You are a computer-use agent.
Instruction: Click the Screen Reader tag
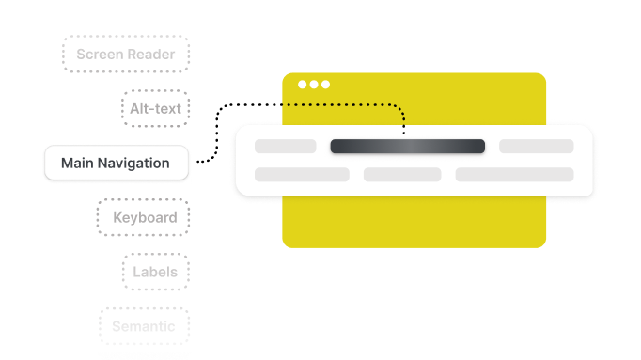(x=125, y=55)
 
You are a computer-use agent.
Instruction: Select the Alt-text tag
(x=156, y=109)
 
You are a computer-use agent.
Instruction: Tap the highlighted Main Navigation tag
(x=116, y=164)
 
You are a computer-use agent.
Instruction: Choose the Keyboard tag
(x=145, y=218)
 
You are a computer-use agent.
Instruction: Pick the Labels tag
(x=156, y=273)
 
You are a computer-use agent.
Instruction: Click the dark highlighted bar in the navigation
(x=407, y=147)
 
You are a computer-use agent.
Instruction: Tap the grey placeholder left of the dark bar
(x=286, y=147)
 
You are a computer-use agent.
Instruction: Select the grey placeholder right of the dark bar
(x=536, y=147)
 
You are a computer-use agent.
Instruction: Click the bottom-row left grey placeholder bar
(x=302, y=175)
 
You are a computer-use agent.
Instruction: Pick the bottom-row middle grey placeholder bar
(x=402, y=175)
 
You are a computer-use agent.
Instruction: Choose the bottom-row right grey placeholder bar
(x=514, y=175)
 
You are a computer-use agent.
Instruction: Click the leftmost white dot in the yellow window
(x=303, y=85)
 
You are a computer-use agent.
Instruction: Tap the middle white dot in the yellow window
(x=314, y=85)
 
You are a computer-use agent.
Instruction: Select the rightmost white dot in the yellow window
(x=325, y=85)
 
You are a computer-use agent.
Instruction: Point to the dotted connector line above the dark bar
(x=357, y=104)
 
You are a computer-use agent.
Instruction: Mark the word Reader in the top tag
(x=151, y=55)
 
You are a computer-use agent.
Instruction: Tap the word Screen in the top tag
(x=100, y=55)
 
